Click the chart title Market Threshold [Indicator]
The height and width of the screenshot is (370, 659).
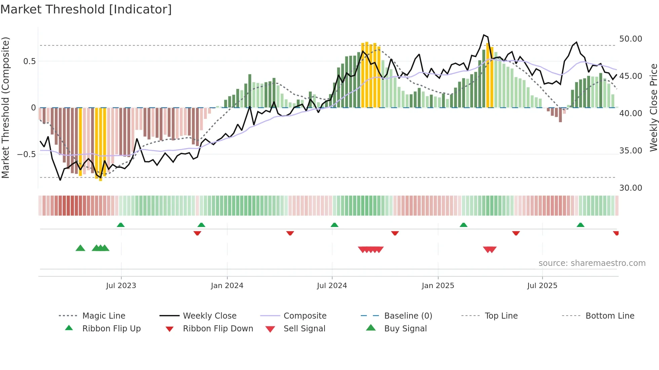click(x=86, y=9)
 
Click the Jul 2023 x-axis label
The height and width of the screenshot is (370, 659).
click(x=121, y=286)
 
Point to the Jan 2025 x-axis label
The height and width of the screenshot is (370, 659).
click(x=438, y=286)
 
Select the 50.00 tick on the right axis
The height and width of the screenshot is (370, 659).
click(x=630, y=39)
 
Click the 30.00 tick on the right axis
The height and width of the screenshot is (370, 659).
click(x=630, y=188)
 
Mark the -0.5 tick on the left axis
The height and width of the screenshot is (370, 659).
click(x=26, y=154)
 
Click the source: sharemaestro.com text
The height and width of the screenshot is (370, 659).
click(x=592, y=263)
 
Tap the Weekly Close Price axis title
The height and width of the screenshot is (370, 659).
click(x=653, y=107)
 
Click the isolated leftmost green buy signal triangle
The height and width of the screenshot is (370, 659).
click(x=80, y=248)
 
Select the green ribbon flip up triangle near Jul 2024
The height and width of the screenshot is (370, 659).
click(x=334, y=225)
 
